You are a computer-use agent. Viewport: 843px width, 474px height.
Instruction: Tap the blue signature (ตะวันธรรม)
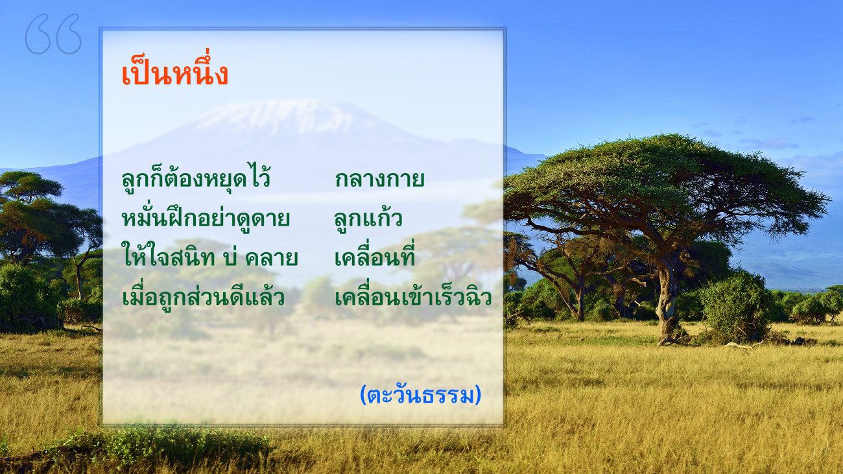[x=420, y=395]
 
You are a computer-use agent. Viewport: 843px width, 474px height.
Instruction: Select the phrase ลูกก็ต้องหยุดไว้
[x=196, y=178]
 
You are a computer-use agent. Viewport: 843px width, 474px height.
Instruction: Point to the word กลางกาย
[x=379, y=180]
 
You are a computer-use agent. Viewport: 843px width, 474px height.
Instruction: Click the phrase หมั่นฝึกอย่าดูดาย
[x=206, y=217]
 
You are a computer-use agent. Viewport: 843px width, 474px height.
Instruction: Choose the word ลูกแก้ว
[x=368, y=218]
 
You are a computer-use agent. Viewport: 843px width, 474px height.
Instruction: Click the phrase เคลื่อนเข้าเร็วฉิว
[x=413, y=295]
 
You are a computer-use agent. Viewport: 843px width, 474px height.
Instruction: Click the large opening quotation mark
[x=53, y=34]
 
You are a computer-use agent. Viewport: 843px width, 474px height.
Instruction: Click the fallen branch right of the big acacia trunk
[x=742, y=344]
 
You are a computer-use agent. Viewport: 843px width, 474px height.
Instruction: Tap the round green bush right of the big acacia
[x=734, y=305]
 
